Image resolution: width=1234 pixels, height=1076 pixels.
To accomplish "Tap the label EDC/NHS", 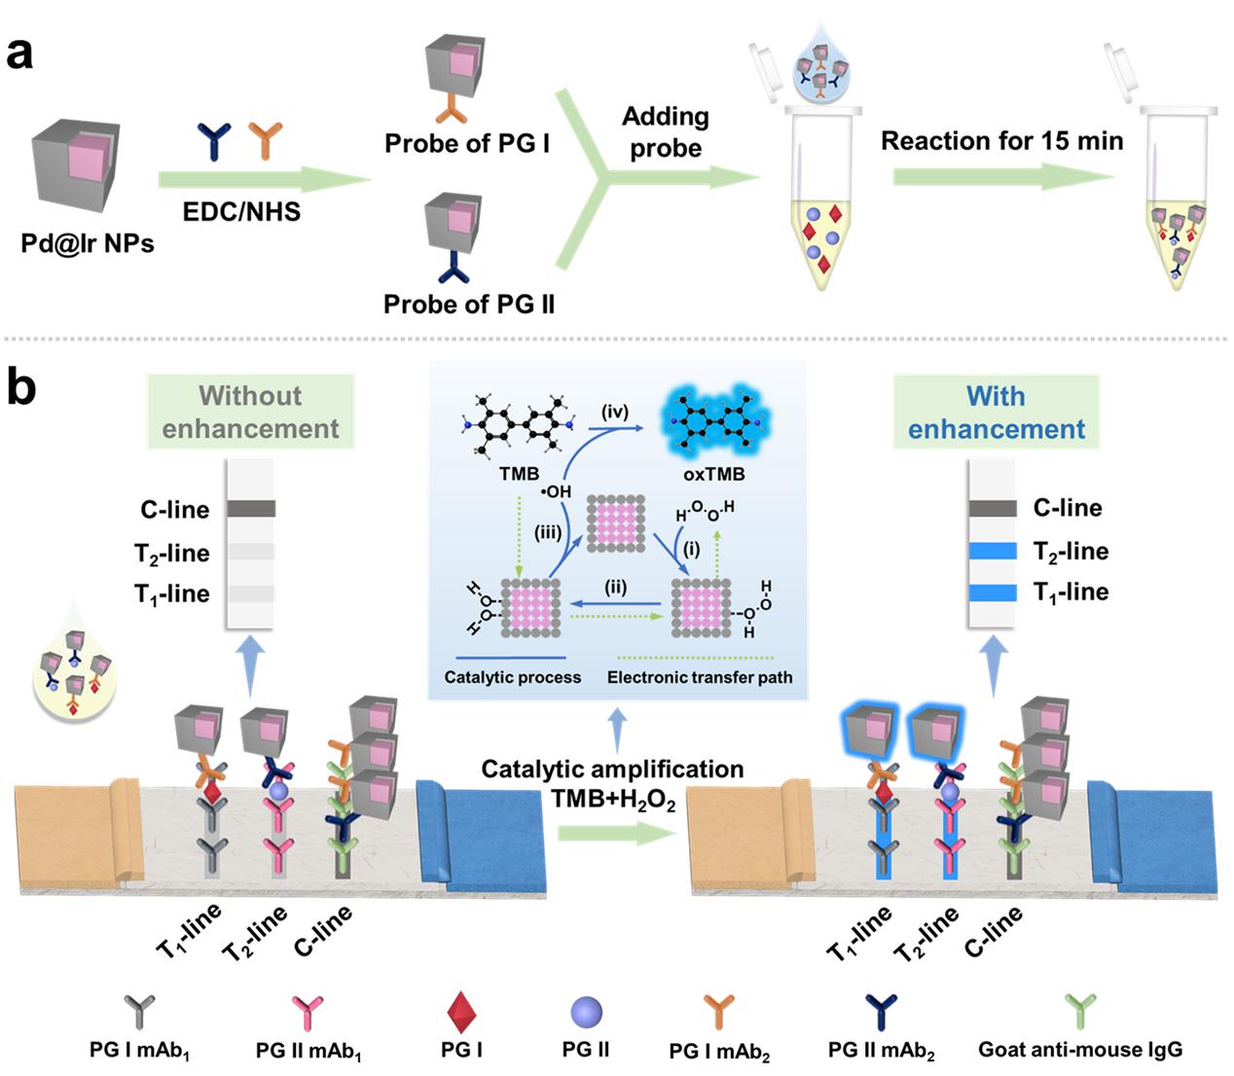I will [241, 211].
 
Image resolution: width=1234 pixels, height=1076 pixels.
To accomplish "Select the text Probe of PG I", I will [467, 144].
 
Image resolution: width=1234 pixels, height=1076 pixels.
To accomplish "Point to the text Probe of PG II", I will [469, 305].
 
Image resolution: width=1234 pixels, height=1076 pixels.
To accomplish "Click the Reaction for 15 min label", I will [1001, 141].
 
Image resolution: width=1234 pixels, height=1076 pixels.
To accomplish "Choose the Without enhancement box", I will [250, 412].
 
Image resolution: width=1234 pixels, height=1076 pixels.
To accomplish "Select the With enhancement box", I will [996, 412].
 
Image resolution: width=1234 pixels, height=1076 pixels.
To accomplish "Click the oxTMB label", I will [713, 474].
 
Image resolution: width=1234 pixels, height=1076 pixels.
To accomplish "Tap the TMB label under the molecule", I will [519, 474].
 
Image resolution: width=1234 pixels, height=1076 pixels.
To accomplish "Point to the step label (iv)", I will [614, 412].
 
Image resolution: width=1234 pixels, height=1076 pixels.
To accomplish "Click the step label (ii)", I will [614, 588].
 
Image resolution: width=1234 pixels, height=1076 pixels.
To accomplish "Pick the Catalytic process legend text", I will [512, 677].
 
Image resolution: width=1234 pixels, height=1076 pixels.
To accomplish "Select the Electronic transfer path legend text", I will [699, 677].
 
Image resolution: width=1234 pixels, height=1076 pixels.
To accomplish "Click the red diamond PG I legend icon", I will [461, 1014].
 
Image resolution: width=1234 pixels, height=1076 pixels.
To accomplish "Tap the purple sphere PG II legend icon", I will [586, 1013].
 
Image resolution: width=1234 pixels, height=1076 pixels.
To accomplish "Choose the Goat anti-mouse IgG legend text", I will [1080, 1050].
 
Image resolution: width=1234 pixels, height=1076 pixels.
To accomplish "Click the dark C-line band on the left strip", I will [251, 509].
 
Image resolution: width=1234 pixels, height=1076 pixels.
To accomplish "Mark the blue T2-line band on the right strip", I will [993, 552].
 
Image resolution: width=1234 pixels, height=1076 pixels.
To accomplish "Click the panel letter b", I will [21, 387].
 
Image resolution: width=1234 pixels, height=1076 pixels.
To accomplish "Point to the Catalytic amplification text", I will [612, 770].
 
